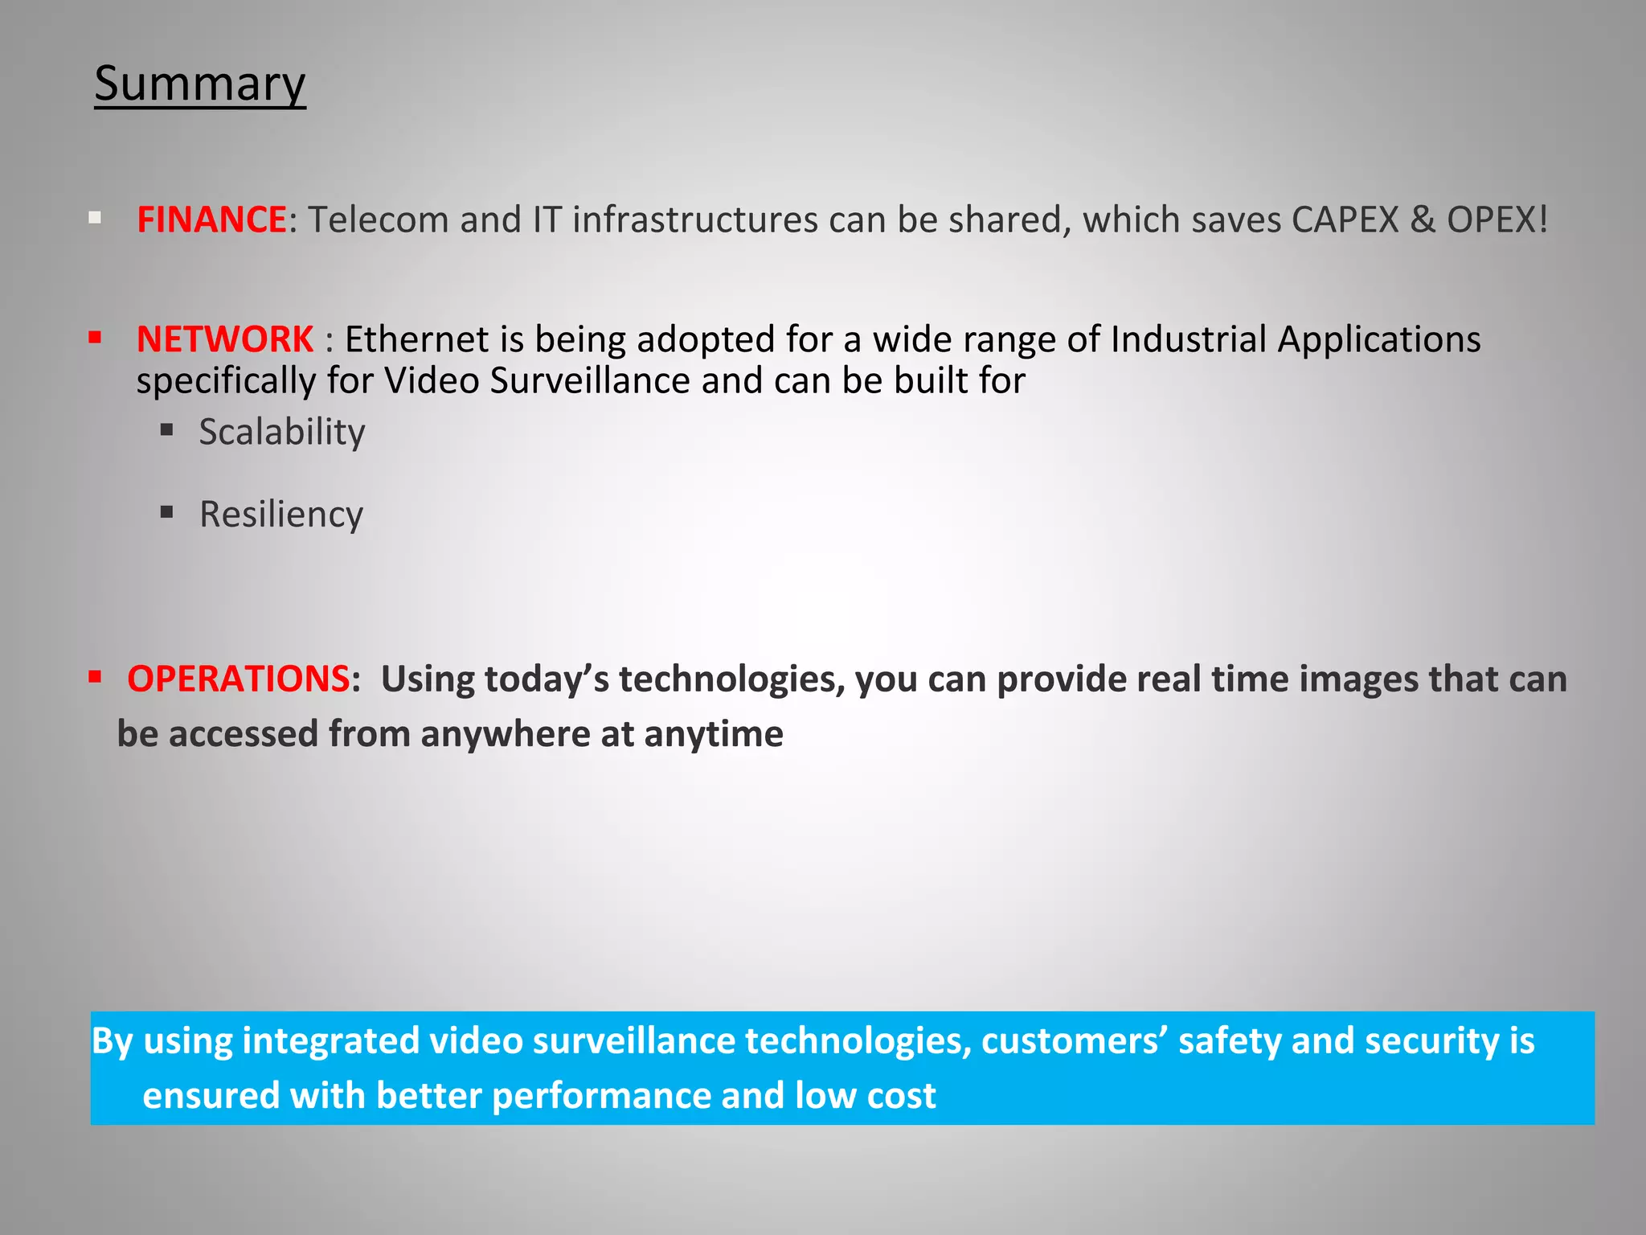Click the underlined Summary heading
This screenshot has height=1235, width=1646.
(x=199, y=84)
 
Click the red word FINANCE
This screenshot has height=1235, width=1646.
(x=211, y=220)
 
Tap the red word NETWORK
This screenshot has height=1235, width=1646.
(x=225, y=339)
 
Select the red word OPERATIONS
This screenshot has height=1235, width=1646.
(x=238, y=679)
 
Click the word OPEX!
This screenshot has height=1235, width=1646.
(x=1497, y=220)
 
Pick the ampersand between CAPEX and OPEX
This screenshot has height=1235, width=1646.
(x=1422, y=220)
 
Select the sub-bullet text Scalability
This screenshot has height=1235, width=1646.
(x=282, y=433)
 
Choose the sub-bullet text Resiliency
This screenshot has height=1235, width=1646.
(x=281, y=515)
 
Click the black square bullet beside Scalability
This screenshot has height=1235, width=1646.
(x=167, y=430)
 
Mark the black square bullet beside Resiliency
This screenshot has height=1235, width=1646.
(x=167, y=512)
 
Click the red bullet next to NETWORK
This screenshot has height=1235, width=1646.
(x=95, y=338)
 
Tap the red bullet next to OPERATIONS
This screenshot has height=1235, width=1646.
(x=95, y=677)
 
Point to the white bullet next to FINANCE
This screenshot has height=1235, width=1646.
(x=95, y=218)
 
